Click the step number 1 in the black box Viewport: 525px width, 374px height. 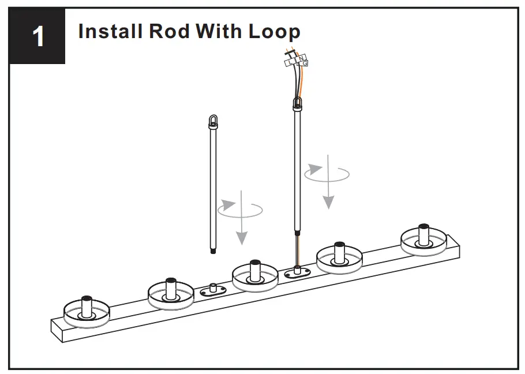(39, 37)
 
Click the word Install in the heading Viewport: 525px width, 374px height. (110, 31)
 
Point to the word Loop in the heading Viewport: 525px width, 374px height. (275, 31)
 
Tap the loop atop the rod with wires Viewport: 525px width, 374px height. (298, 104)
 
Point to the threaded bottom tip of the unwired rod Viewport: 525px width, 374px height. (214, 250)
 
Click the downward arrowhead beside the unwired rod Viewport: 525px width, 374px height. (242, 237)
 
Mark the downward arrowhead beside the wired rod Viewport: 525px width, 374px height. (328, 201)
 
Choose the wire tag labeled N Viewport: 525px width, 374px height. (301, 58)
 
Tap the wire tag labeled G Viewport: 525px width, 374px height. (305, 63)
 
